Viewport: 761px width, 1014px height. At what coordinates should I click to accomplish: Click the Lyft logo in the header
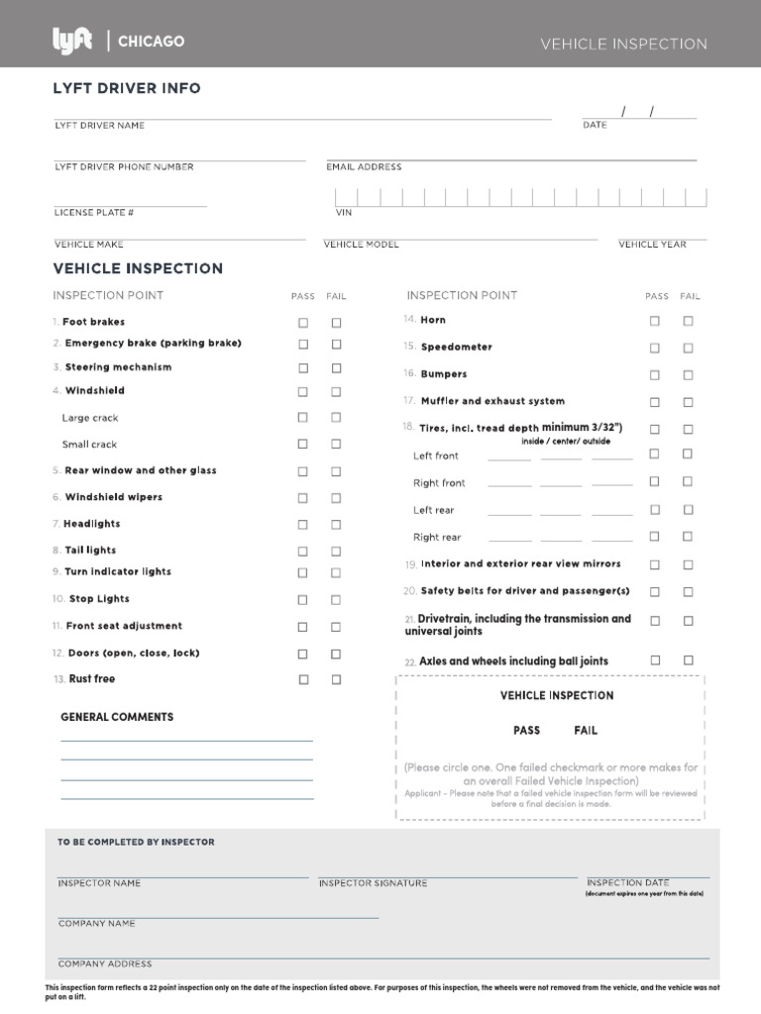point(72,41)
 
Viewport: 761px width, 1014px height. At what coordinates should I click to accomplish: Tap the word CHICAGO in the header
point(151,42)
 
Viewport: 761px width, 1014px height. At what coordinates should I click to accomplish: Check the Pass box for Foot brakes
point(303,323)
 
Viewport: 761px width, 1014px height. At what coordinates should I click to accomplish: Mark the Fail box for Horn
point(688,321)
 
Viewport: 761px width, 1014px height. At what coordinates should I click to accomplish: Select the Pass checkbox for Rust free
point(303,679)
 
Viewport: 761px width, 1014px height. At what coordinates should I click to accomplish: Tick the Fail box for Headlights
point(336,524)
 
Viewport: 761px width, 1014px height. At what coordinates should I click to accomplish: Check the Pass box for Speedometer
point(654,348)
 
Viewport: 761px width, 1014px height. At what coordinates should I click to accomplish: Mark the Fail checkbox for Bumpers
point(688,375)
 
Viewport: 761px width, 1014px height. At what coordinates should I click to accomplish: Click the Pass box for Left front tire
point(654,455)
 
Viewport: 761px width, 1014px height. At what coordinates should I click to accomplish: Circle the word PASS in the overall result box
point(526,730)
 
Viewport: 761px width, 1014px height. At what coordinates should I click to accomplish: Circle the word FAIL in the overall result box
point(586,730)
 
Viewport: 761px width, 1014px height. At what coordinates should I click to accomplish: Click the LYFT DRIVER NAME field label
point(99,126)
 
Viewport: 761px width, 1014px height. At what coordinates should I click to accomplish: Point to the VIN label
point(343,212)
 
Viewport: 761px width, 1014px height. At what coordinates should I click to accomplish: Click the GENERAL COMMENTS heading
point(117,717)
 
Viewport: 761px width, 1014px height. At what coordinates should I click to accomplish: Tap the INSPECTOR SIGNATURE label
point(373,883)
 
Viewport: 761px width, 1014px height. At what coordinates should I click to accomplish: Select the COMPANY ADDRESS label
point(105,963)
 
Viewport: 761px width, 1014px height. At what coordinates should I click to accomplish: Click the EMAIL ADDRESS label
point(364,167)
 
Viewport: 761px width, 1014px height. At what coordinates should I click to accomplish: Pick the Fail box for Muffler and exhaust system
point(688,402)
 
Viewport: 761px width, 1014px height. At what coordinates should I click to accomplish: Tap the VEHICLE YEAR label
point(652,244)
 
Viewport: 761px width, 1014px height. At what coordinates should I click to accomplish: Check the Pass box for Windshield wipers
point(303,498)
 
